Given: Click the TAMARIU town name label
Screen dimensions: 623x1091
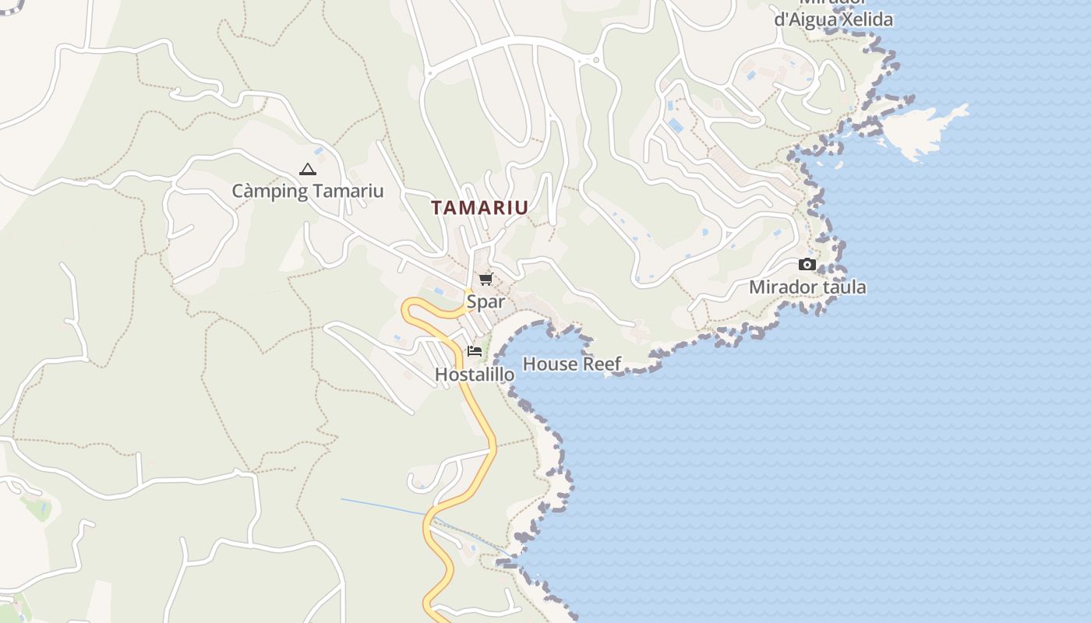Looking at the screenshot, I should click(479, 208).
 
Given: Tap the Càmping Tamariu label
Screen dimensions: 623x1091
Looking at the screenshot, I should click(308, 191).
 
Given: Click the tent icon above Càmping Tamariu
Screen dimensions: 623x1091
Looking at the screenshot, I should click(308, 169).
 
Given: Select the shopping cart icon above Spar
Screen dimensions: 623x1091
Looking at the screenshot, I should click(485, 280).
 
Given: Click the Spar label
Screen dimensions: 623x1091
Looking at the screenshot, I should click(485, 301).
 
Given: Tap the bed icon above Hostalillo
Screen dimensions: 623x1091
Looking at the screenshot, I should click(475, 351).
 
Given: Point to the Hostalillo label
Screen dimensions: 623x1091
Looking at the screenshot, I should click(475, 375).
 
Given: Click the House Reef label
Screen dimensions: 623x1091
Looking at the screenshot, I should click(571, 364).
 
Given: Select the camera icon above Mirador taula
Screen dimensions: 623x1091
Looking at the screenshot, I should click(807, 265).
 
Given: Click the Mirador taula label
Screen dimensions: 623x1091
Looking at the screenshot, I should click(807, 287).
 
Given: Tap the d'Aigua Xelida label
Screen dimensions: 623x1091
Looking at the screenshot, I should click(833, 19).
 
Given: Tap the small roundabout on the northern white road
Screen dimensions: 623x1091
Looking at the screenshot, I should click(596, 60).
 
